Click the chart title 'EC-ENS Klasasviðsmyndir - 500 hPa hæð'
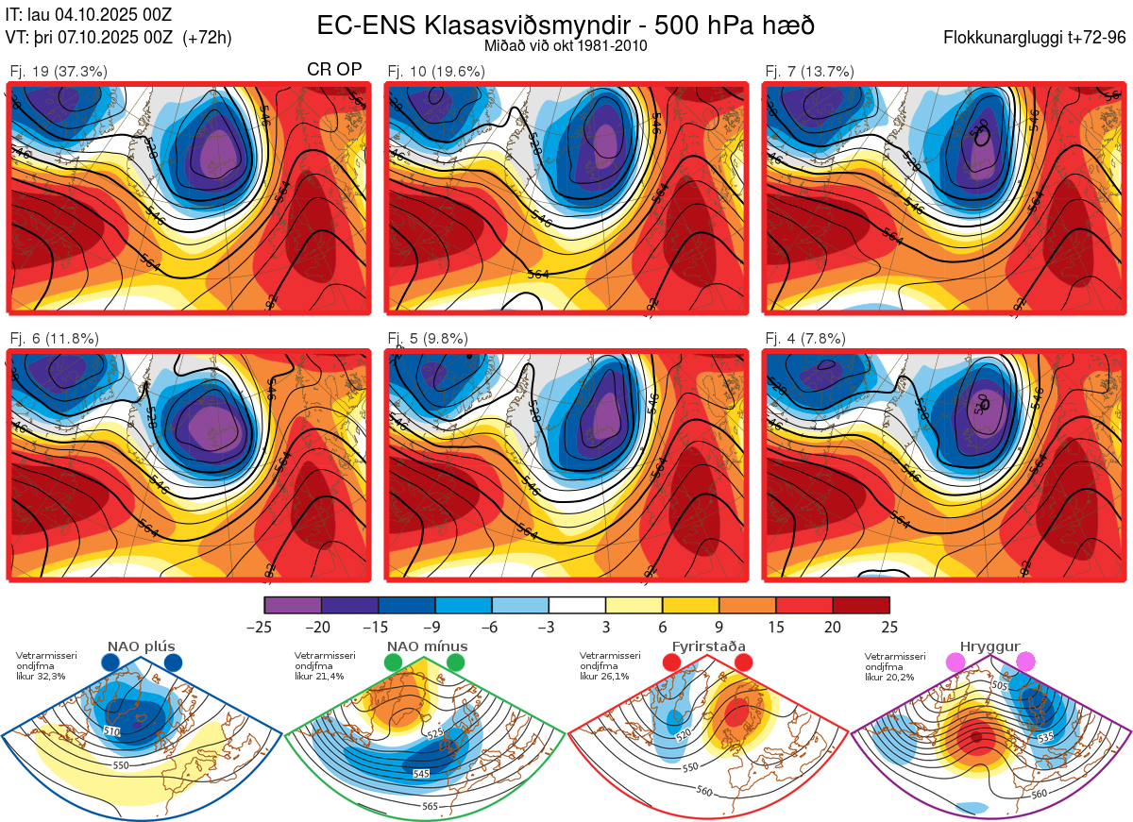(x=566, y=25)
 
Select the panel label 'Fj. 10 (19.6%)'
(x=436, y=71)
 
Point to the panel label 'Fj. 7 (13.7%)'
(x=809, y=71)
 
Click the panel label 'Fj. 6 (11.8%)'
(x=54, y=339)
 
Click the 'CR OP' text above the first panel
(x=334, y=70)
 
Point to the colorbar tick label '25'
(x=888, y=628)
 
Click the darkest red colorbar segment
(x=860, y=605)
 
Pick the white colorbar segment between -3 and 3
(x=577, y=605)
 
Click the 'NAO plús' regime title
(x=142, y=646)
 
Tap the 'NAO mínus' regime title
(x=427, y=646)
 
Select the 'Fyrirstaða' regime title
(x=708, y=646)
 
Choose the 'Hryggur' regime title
(x=990, y=646)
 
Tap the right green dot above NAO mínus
(x=456, y=663)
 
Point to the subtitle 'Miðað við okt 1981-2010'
(x=565, y=45)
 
